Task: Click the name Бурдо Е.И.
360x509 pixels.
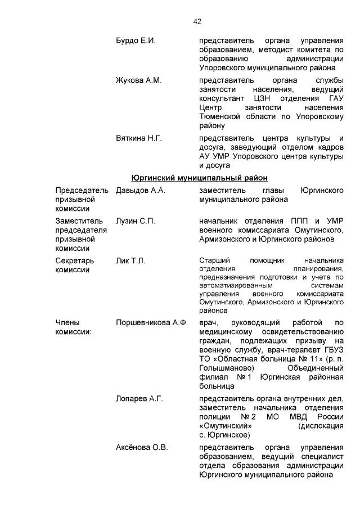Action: pos(136,41)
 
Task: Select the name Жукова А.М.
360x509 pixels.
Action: pos(138,80)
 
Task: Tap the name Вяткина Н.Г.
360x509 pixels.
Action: pos(138,138)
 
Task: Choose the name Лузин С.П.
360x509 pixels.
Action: pos(135,221)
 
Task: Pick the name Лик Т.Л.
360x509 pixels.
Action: pos(130,260)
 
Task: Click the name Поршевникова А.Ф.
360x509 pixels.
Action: pos(151,323)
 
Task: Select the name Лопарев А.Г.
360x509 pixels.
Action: pos(139,399)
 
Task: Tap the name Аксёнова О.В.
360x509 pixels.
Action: pos(142,448)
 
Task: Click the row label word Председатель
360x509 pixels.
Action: pos(82,191)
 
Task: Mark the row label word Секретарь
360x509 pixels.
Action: pos(75,260)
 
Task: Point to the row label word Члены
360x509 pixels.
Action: pos(67,323)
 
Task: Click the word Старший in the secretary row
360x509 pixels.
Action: pos(214,260)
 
